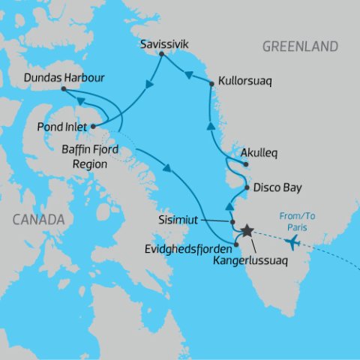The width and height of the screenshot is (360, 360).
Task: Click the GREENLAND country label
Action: pos(300,47)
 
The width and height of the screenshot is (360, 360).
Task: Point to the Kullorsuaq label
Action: pos(244,77)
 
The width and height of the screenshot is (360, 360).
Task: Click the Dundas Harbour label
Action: pos(64,77)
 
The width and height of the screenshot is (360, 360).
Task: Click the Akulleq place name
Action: pos(259,153)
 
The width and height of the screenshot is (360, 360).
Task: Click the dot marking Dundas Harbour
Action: pos(64,89)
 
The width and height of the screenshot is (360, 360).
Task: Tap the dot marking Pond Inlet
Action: pos(93,126)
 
